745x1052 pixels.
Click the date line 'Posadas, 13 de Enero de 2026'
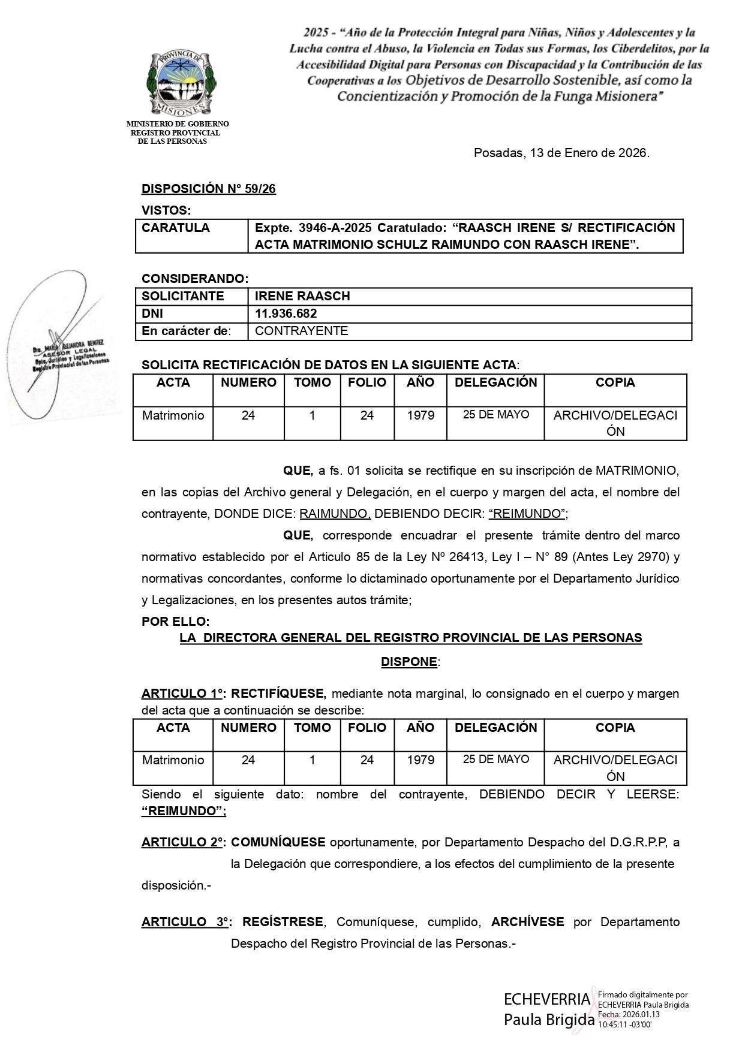561,153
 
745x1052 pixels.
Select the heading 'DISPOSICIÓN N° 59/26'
208,189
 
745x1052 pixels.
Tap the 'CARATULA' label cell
176,228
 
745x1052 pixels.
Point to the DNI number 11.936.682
286,314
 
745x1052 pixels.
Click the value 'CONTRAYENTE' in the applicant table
301,331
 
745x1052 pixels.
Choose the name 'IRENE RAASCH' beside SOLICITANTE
302,296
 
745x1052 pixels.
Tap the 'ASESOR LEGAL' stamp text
70,353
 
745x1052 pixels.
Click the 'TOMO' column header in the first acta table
312,382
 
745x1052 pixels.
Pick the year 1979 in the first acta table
420,415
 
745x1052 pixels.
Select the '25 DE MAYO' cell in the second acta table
495,759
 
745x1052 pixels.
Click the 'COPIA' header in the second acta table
615,728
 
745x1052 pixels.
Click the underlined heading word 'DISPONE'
409,662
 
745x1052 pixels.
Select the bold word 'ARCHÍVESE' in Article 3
527,922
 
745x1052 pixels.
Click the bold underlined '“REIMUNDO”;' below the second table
184,811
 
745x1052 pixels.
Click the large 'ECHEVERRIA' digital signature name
547,999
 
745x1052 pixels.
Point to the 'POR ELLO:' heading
175,622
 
